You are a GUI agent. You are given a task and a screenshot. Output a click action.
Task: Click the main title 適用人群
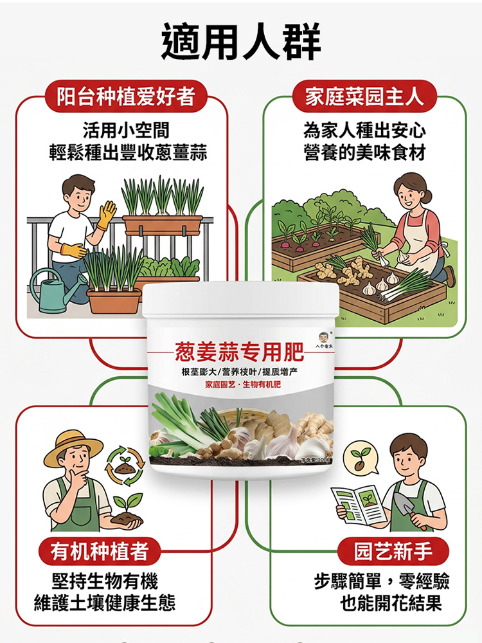[241, 42]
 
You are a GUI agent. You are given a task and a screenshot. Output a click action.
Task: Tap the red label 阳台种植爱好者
[126, 96]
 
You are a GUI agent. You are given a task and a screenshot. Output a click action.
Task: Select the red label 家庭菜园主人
[364, 96]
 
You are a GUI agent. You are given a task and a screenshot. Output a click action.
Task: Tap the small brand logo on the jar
[323, 340]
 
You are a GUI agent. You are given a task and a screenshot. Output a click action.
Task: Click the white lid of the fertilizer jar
[240, 299]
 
